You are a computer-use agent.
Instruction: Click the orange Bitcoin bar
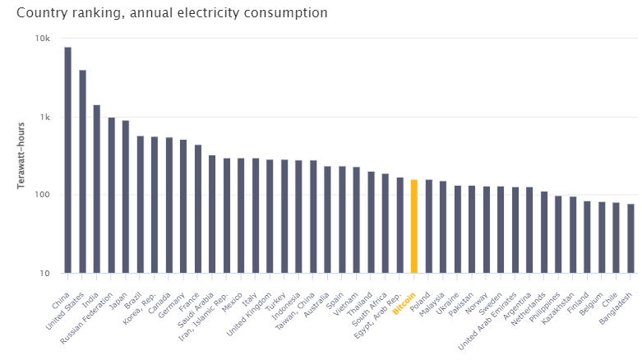click(414, 226)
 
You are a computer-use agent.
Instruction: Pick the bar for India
click(96, 188)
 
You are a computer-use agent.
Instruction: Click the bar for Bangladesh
click(630, 238)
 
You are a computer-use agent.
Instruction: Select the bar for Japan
click(126, 196)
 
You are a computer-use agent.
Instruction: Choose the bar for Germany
click(183, 206)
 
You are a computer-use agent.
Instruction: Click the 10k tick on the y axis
click(43, 39)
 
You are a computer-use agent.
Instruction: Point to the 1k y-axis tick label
click(44, 117)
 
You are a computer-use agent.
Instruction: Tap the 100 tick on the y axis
click(42, 195)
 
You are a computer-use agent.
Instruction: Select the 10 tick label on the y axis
click(44, 273)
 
